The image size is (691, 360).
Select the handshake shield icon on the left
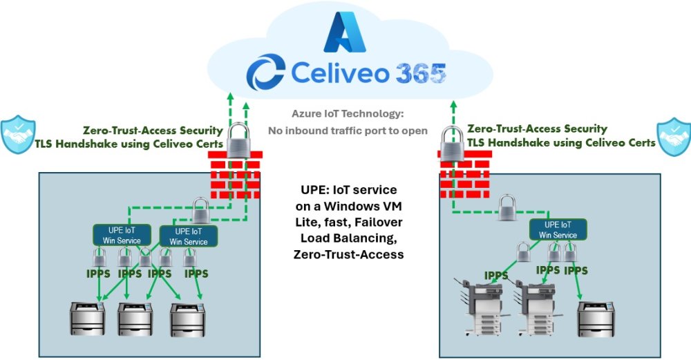click(18, 135)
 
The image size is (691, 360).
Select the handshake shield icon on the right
click(672, 135)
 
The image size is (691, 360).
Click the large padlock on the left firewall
click(236, 141)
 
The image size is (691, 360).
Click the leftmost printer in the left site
click(88, 320)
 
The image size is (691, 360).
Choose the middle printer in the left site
click(135, 320)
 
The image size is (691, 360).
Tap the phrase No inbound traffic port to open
click(348, 131)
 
